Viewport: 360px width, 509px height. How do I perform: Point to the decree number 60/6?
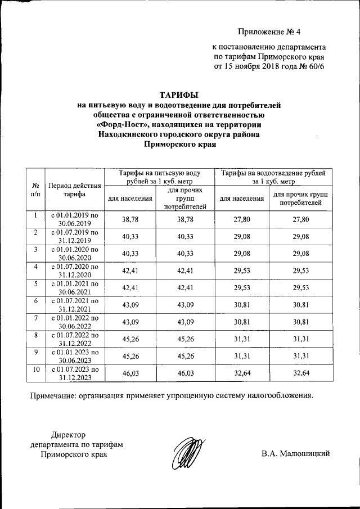click(x=316, y=66)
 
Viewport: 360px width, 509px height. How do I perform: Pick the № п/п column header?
click(x=35, y=190)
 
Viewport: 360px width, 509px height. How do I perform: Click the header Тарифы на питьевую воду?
click(x=160, y=173)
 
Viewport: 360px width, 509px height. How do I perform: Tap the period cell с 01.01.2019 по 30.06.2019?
click(x=75, y=219)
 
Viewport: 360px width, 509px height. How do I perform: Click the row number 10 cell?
click(x=35, y=369)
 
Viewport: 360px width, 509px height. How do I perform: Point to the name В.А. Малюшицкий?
click(x=295, y=454)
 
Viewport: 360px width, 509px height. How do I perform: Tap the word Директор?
click(x=67, y=435)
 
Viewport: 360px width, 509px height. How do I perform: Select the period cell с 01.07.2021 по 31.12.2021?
click(x=75, y=305)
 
